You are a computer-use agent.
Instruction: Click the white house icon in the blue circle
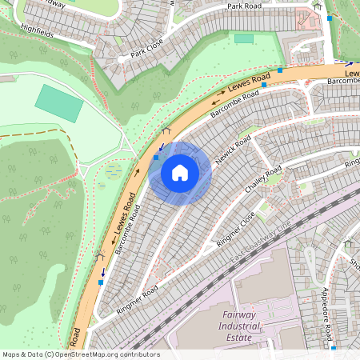click(x=180, y=173)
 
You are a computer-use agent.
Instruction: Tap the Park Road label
click(x=245, y=6)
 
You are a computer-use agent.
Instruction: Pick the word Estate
click(x=239, y=338)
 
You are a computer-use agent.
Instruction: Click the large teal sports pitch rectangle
click(x=58, y=102)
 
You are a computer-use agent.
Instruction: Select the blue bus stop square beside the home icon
click(x=156, y=158)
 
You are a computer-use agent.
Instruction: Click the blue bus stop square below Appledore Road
click(x=334, y=348)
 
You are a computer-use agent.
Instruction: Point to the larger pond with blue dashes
click(x=110, y=170)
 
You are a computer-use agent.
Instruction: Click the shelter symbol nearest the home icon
click(x=166, y=130)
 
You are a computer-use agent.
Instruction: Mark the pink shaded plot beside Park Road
click(x=306, y=18)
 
